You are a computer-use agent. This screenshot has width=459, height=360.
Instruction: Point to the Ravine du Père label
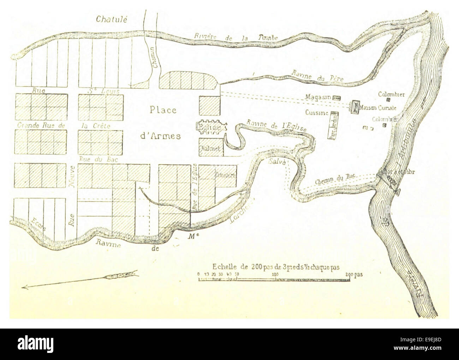pos(317,76)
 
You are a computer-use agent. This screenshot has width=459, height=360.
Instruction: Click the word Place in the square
pos(163,110)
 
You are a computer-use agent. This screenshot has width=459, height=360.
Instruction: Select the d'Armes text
pos(163,136)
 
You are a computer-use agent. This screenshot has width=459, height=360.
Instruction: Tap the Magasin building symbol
pos(336,97)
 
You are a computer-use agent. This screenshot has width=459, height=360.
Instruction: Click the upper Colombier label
pos(391,94)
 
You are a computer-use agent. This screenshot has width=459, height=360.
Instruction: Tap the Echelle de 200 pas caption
pos(275,267)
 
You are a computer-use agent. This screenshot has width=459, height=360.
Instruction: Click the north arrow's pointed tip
pos(22,288)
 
